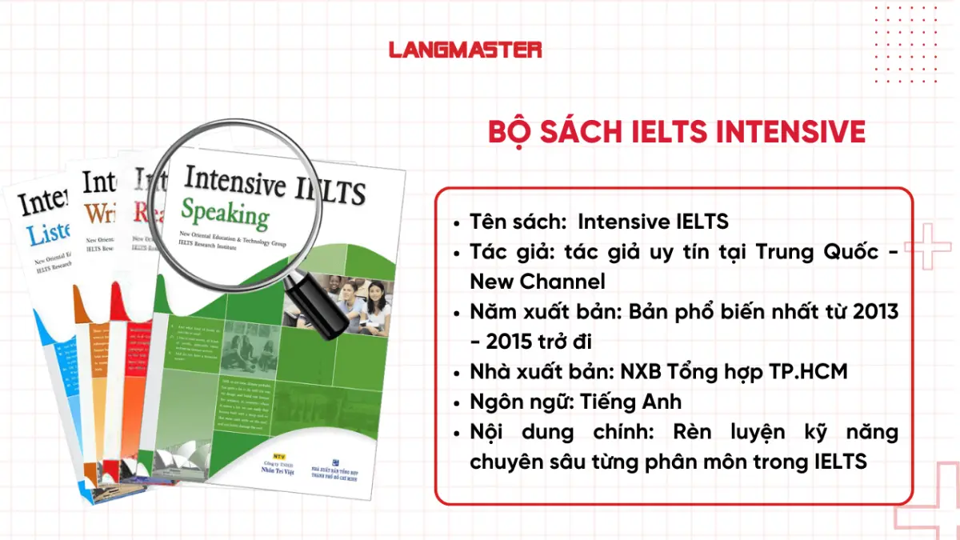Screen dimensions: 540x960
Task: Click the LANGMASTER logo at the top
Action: (465, 50)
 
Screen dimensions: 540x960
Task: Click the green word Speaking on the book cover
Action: (225, 214)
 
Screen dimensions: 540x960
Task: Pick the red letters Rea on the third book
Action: (150, 212)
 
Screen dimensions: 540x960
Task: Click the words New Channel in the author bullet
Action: (538, 282)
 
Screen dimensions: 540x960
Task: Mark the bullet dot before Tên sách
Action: (457, 223)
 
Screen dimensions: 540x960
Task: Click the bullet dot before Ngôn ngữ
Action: (457, 402)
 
